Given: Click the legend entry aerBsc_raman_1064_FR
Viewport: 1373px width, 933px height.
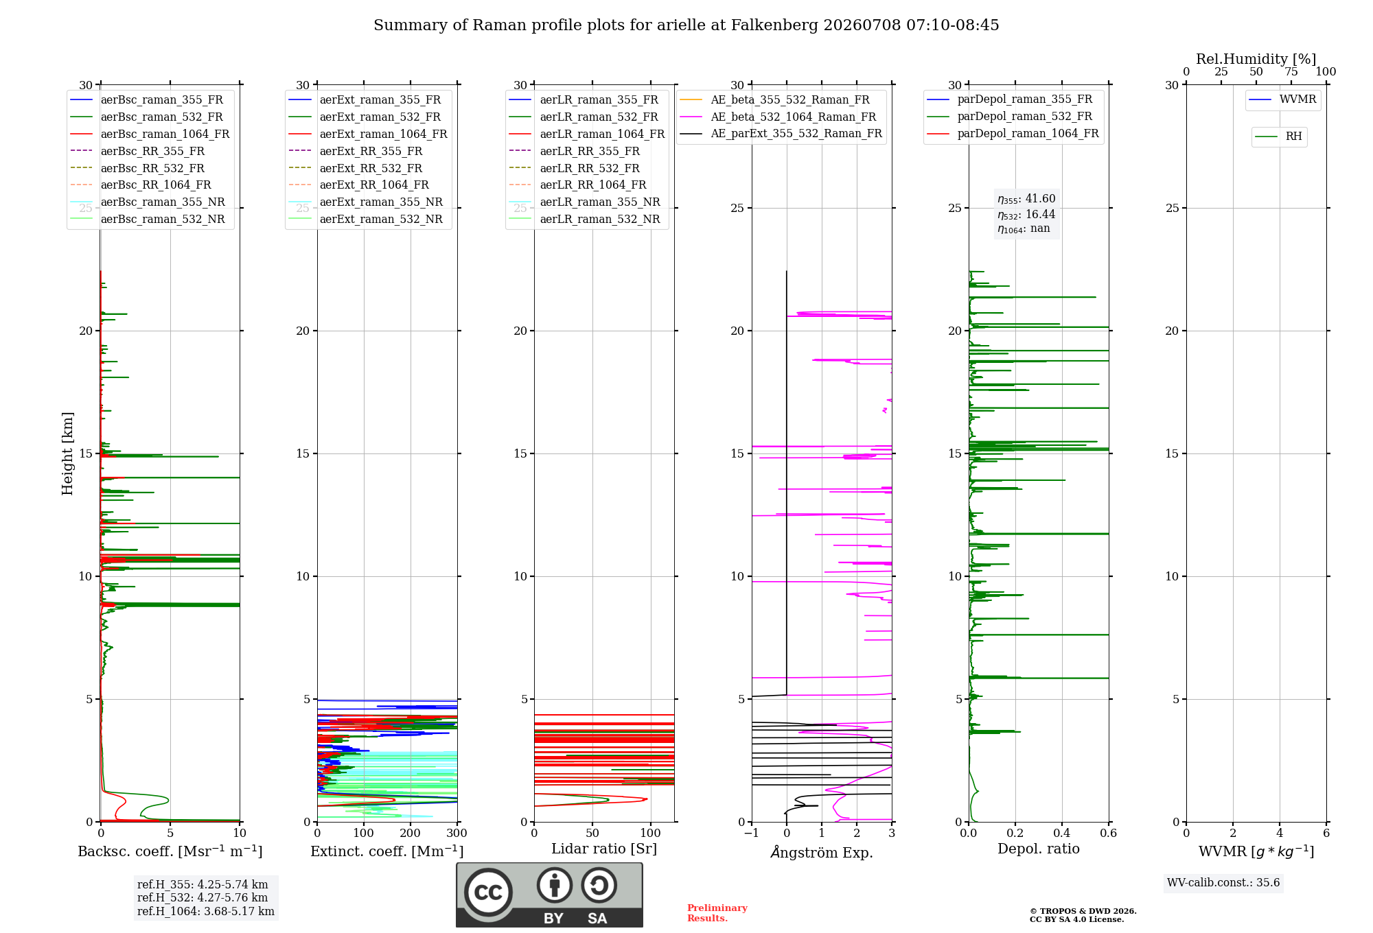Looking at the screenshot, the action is click(150, 134).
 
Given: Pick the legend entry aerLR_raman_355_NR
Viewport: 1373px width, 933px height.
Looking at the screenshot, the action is click(584, 202).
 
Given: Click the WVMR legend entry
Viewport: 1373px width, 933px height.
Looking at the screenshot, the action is click(1282, 99).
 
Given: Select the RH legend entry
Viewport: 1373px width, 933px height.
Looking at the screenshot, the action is click(1278, 137).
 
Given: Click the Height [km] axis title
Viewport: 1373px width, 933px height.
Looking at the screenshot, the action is click(67, 453).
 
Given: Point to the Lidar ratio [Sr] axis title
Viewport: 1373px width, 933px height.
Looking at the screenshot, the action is click(604, 849).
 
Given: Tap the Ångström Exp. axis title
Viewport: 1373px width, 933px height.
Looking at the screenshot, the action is click(822, 852).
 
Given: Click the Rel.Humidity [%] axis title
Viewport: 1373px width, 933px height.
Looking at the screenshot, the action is click(1256, 59).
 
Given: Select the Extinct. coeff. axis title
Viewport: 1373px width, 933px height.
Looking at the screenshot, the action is click(387, 851).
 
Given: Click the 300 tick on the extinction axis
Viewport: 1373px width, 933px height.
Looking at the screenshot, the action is click(457, 833).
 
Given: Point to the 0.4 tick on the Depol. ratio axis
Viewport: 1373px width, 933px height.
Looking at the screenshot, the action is click(1062, 833).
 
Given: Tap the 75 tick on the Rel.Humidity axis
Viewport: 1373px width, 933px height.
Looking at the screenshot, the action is click(1291, 71).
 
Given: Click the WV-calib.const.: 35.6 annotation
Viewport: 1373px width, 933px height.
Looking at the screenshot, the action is click(1223, 883).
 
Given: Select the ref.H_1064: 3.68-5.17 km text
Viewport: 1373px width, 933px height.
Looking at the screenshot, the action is click(206, 912).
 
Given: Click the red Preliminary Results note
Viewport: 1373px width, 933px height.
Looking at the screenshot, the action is click(717, 913).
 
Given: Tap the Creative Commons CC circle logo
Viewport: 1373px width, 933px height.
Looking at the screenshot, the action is click(488, 892).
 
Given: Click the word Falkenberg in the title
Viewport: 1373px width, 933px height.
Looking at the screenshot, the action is click(774, 25).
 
